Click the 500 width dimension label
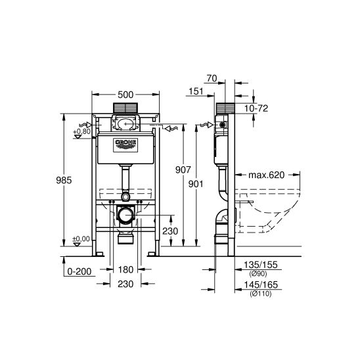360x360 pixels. click(x=125, y=95)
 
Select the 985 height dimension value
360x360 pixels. click(x=64, y=180)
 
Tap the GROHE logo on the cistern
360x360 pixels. click(x=125, y=145)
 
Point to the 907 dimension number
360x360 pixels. click(x=183, y=169)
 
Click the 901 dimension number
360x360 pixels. click(x=196, y=184)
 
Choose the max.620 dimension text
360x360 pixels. click(x=267, y=175)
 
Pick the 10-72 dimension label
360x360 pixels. click(x=256, y=108)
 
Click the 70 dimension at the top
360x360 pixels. click(x=212, y=78)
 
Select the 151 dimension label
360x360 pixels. click(x=196, y=91)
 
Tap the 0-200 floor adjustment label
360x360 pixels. click(x=79, y=271)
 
